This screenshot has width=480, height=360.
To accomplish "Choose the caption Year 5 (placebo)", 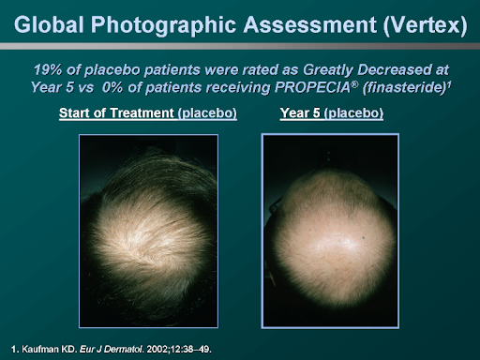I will click(331, 114).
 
